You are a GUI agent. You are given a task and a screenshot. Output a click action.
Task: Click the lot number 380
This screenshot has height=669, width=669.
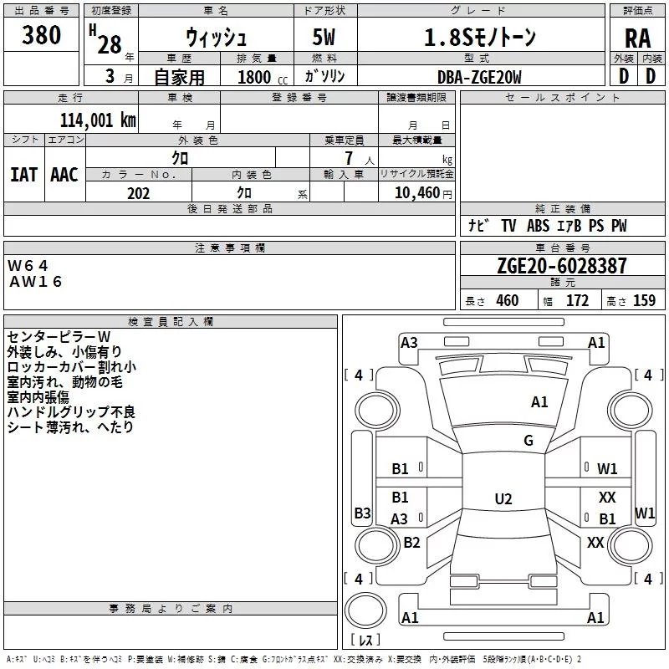[41, 36]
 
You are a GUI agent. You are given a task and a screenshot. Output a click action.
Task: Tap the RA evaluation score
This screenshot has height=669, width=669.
[637, 38]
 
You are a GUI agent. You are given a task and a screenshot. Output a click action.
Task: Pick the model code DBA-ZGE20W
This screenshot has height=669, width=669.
[479, 77]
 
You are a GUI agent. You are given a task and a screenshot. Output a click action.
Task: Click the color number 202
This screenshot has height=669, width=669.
[138, 193]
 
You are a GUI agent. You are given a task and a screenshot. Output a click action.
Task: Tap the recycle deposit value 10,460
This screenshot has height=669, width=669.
[415, 193]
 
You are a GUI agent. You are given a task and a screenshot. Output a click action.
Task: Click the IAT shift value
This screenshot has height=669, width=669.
[23, 175]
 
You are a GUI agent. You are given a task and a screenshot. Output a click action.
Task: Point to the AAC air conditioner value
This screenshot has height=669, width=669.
[64, 175]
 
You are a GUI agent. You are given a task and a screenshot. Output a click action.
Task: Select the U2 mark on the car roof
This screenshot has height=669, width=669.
[503, 499]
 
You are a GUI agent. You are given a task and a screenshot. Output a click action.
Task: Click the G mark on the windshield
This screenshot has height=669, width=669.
[529, 441]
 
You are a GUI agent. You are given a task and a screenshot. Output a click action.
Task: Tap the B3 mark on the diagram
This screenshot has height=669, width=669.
[362, 513]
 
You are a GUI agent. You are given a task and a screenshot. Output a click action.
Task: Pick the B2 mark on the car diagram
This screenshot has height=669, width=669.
[411, 543]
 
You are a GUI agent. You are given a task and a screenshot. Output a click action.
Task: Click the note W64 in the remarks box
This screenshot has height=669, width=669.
[28, 265]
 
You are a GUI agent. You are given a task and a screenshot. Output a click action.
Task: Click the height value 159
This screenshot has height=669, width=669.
[644, 301]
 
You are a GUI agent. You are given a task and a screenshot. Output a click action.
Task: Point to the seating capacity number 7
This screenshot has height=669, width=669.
[347, 158]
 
